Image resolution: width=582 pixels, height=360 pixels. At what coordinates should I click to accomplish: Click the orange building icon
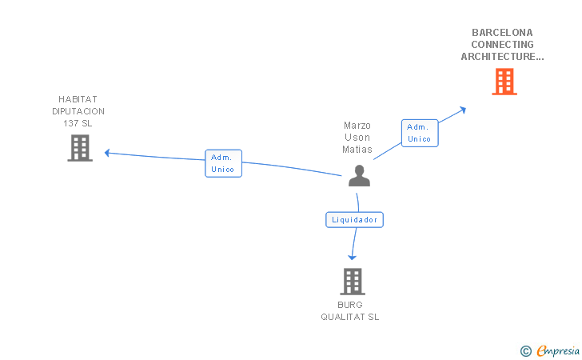[504, 82]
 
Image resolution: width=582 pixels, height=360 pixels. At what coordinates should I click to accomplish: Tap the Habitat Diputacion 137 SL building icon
[79, 148]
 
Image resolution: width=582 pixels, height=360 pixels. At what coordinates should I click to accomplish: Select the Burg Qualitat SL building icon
[352, 282]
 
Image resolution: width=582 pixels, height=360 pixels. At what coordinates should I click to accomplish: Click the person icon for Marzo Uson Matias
[359, 176]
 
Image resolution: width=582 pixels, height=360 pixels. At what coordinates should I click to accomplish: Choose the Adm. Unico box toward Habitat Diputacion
[223, 163]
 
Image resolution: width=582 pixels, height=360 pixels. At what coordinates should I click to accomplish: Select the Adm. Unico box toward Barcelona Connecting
[419, 133]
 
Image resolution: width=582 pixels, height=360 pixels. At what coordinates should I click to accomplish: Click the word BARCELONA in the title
[502, 33]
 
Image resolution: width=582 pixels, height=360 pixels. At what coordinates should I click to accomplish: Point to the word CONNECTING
[502, 45]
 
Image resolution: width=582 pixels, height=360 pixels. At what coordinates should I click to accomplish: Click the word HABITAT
[78, 99]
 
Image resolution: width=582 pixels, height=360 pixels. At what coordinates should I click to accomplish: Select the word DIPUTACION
[78, 111]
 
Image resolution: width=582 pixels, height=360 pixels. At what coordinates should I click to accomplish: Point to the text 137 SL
[78, 123]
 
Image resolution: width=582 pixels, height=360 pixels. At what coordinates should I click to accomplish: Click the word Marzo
[357, 126]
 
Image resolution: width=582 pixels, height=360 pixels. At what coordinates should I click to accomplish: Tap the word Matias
[357, 150]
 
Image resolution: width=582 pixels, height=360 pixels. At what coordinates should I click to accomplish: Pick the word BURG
[350, 305]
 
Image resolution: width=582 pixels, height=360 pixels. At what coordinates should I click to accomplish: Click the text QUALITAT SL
[350, 317]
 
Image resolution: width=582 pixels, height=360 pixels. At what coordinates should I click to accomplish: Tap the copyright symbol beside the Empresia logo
[525, 350]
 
